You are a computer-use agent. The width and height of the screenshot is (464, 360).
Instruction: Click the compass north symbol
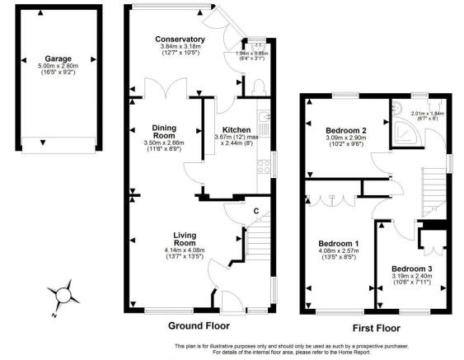63,297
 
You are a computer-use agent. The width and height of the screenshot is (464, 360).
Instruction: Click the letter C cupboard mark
256,213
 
